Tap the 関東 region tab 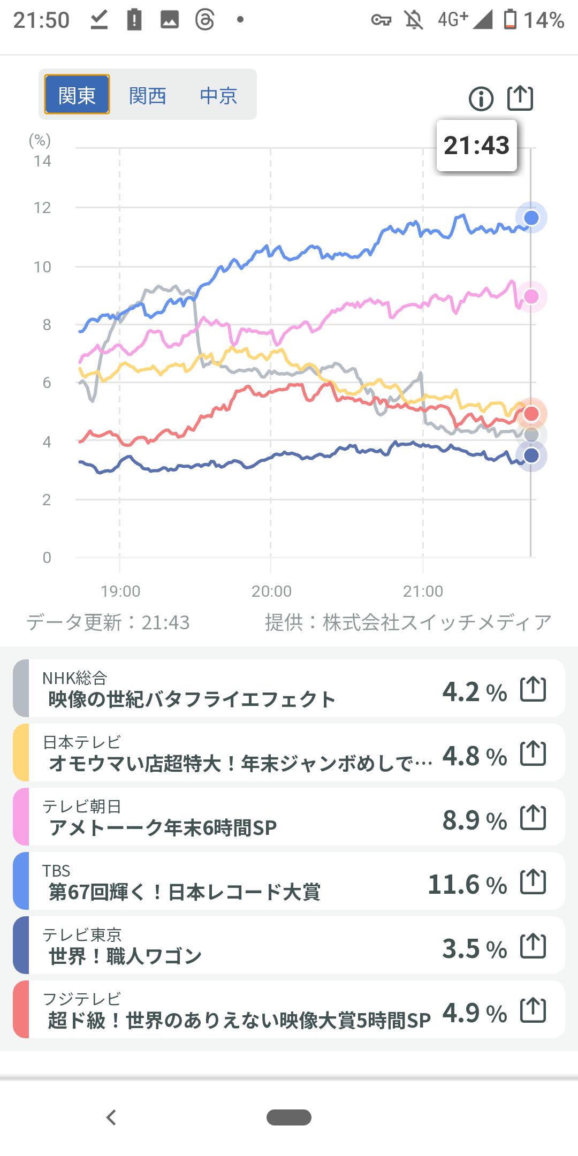pyautogui.click(x=77, y=95)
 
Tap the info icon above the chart pyautogui.click(x=481, y=99)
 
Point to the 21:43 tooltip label pyautogui.click(x=476, y=146)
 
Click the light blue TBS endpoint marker pyautogui.click(x=531, y=218)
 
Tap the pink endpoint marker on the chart pyautogui.click(x=531, y=296)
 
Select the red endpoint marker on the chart pyautogui.click(x=531, y=414)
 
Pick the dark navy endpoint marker pyautogui.click(x=531, y=456)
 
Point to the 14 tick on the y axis pyautogui.click(x=42, y=161)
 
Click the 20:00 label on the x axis pyautogui.click(x=271, y=591)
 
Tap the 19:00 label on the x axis pyautogui.click(x=120, y=591)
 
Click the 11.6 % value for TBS pyautogui.click(x=467, y=885)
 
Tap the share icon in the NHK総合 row pyautogui.click(x=533, y=689)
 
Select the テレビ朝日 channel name pyautogui.click(x=82, y=806)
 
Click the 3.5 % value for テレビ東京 pyautogui.click(x=474, y=949)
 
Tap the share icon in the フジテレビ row pyautogui.click(x=533, y=1010)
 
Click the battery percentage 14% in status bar pyautogui.click(x=544, y=20)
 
